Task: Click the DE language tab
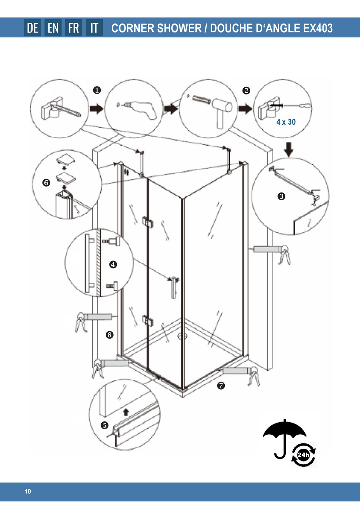[33, 28]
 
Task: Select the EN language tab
[53, 28]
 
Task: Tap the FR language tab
[74, 28]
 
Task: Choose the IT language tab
[94, 28]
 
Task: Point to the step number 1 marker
[97, 90]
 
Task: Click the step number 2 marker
[246, 91]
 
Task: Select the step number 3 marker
[282, 196]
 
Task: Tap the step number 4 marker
[113, 264]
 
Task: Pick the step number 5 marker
[105, 425]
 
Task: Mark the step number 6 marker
[46, 182]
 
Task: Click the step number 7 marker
[221, 385]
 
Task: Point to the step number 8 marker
[110, 335]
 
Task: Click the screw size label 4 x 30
[286, 122]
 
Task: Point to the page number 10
[28, 492]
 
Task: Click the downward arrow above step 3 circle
[289, 149]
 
